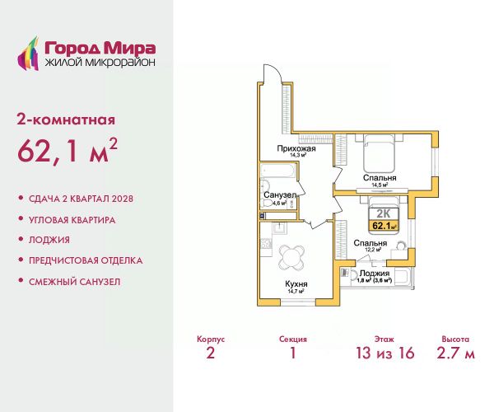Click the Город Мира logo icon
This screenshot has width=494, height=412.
[x=28, y=54]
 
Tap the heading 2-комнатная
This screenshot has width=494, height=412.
[x=66, y=120]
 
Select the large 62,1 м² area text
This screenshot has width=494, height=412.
[x=68, y=151]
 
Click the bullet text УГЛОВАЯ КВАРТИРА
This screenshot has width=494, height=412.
[x=72, y=220]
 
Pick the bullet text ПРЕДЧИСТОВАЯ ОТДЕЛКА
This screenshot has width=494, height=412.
[x=86, y=260]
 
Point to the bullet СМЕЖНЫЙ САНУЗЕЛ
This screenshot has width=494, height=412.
[x=75, y=282]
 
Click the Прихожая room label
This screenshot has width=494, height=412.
[x=296, y=148]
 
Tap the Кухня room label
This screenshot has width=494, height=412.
[x=296, y=283]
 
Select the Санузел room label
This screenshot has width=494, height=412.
[x=280, y=194]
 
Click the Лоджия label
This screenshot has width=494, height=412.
[x=375, y=274]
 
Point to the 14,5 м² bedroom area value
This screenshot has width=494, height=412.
[x=380, y=185]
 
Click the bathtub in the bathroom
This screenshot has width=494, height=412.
[x=277, y=171]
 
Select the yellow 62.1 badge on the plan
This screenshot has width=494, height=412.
[x=384, y=226]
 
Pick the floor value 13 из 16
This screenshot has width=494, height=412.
[x=384, y=353]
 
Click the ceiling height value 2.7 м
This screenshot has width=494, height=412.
[x=455, y=353]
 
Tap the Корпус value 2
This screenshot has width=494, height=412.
[x=211, y=353]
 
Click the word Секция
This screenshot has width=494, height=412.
[x=292, y=339]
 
